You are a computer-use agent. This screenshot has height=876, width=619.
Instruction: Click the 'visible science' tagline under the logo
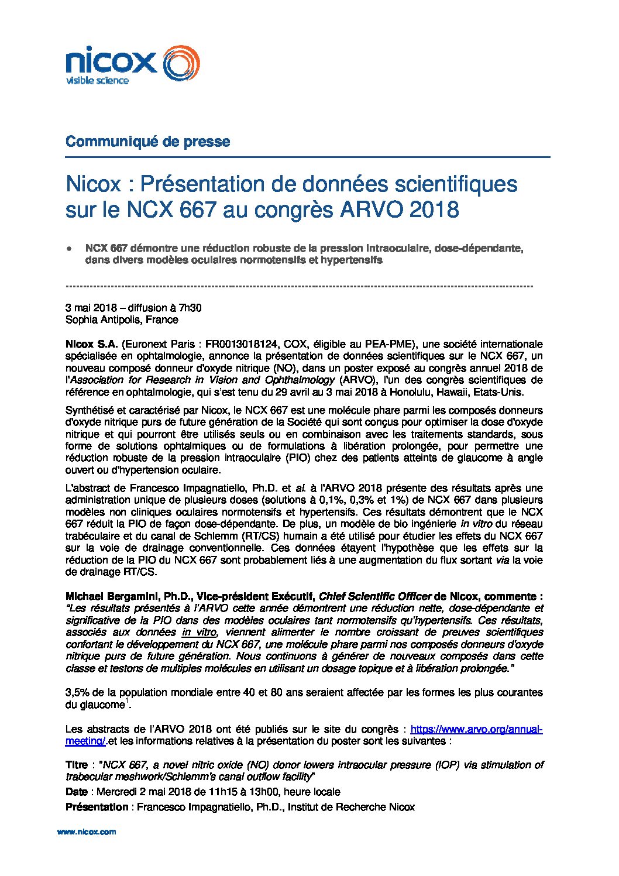click(x=97, y=80)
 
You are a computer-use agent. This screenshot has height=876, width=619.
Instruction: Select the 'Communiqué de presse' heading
click(x=147, y=142)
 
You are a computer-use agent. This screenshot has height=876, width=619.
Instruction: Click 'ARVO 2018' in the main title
click(x=399, y=209)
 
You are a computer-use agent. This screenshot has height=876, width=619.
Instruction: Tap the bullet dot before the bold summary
click(x=70, y=249)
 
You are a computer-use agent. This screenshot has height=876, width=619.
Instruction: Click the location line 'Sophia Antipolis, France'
click(x=122, y=320)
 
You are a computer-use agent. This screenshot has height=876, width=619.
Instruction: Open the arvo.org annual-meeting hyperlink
click(x=476, y=729)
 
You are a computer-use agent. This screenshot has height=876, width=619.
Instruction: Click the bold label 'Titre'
click(x=77, y=765)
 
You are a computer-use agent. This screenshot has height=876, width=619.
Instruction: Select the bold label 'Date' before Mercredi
click(x=77, y=792)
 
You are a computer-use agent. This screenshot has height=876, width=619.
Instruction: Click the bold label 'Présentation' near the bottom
click(x=97, y=807)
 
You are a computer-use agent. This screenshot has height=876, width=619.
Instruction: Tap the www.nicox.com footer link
click(x=87, y=832)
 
